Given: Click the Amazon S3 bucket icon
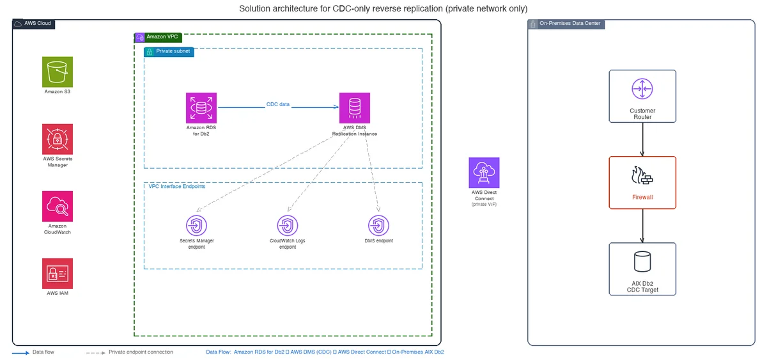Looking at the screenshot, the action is [58, 72].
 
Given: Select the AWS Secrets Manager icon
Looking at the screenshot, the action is [58, 139].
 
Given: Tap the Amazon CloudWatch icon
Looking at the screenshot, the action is [58, 206].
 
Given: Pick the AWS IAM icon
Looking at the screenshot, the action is [58, 273].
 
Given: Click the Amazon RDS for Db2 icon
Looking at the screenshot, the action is [201, 108].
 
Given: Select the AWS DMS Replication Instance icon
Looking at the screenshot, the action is [355, 108].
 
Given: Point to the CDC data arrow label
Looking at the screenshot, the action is [277, 104].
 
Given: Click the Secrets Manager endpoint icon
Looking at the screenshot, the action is [197, 225].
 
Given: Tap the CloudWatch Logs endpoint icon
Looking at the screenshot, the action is [288, 225].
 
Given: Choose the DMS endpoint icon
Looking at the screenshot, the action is [378, 225].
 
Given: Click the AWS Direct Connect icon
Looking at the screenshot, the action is [484, 173].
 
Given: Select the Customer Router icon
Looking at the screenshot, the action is [642, 89].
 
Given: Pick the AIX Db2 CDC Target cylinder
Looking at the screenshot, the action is [642, 262].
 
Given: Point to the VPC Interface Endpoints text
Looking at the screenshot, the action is [177, 186].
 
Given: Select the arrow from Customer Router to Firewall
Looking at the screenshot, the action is [642, 139].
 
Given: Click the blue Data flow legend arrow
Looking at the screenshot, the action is [20, 353].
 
